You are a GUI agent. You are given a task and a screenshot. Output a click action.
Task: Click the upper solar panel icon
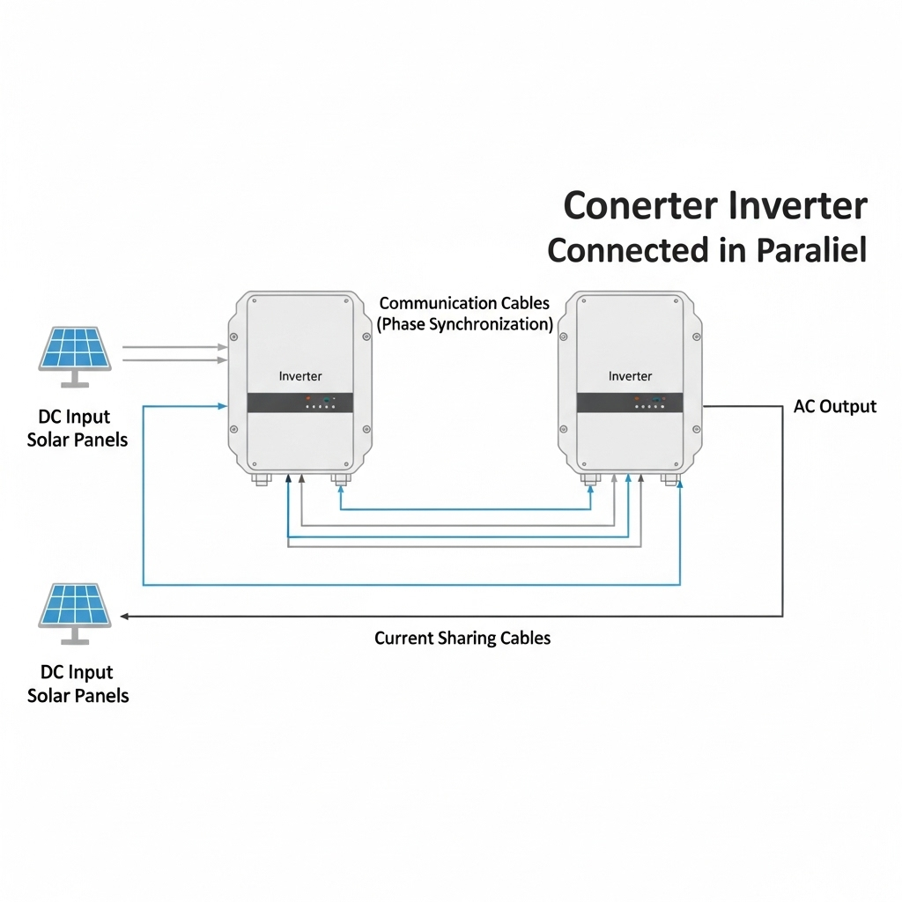point(75,350)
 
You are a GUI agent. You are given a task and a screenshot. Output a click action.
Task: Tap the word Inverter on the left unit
point(300,376)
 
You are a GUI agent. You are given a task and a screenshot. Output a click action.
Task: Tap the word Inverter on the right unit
point(630,376)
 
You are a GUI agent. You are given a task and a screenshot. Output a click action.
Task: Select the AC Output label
point(834,406)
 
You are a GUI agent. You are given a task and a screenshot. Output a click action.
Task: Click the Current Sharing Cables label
point(462,638)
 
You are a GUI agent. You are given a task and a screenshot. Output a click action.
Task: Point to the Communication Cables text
point(464,303)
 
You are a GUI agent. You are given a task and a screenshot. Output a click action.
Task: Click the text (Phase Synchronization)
point(465,324)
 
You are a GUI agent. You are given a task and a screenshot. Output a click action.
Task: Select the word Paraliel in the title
point(811,250)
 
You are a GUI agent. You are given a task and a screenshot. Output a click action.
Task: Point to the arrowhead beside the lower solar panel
point(126,617)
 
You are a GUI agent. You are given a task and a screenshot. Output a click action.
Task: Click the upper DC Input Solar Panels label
point(77,428)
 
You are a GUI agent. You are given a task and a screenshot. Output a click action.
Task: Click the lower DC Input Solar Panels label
point(78,684)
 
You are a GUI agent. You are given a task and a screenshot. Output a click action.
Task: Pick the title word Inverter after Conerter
point(798,206)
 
